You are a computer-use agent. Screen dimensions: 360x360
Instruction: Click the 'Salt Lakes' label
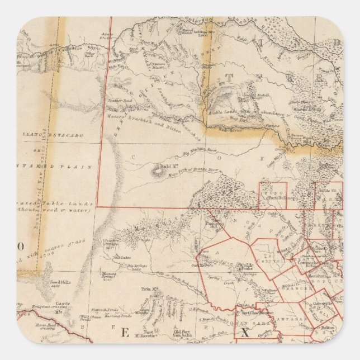point(122,256)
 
